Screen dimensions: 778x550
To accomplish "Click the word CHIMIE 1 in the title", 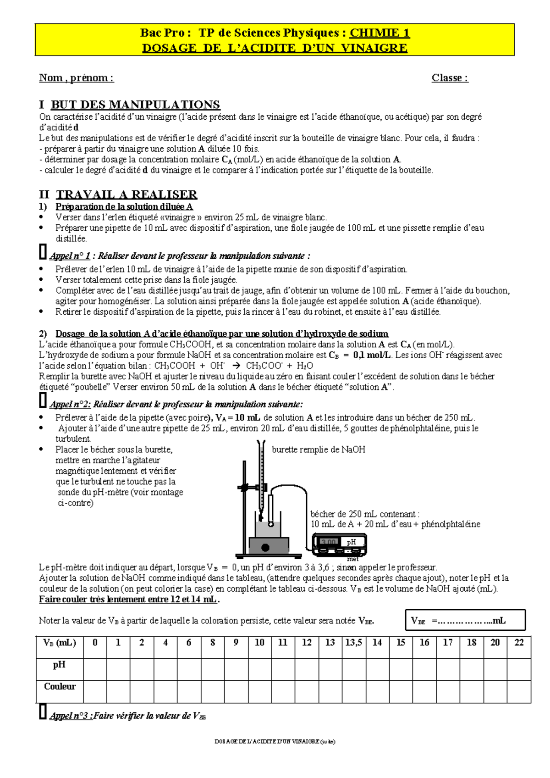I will (379, 33).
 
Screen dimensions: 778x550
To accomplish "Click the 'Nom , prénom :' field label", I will (76, 78).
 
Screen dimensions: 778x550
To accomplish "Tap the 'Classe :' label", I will (450, 78).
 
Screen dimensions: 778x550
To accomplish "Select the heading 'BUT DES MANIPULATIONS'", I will (135, 105).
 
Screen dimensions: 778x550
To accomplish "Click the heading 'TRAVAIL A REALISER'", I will (126, 194).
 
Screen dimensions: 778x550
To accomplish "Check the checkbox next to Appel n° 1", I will (43, 252).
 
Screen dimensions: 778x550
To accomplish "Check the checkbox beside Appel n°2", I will (43, 400).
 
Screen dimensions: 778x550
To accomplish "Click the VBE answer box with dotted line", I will (465, 621).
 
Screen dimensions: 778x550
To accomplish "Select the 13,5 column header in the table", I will (353, 643).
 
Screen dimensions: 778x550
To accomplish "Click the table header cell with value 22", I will (519, 643).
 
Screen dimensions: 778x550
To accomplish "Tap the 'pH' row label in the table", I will (59, 665).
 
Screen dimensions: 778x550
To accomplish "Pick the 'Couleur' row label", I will (60, 687).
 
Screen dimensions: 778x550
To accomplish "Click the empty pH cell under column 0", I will (95, 669).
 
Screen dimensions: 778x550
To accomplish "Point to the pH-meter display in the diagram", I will (329, 542).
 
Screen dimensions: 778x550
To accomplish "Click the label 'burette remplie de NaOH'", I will (319, 450).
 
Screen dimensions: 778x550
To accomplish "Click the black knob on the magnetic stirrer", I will (265, 547).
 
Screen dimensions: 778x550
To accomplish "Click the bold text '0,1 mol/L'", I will (372, 355).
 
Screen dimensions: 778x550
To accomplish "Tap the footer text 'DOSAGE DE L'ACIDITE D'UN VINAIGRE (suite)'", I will (275, 742).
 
